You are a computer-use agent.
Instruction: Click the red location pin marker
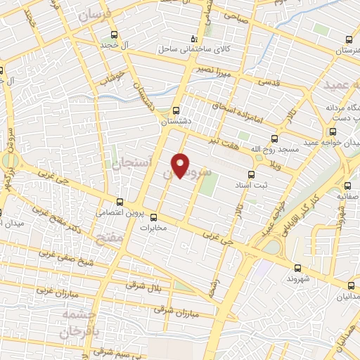point(181,165)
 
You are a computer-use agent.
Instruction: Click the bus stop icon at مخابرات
point(153,217)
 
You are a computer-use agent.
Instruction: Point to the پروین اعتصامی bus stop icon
point(120,202)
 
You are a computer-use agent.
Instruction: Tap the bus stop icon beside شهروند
point(297,267)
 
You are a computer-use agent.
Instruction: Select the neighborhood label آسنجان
point(127,165)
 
